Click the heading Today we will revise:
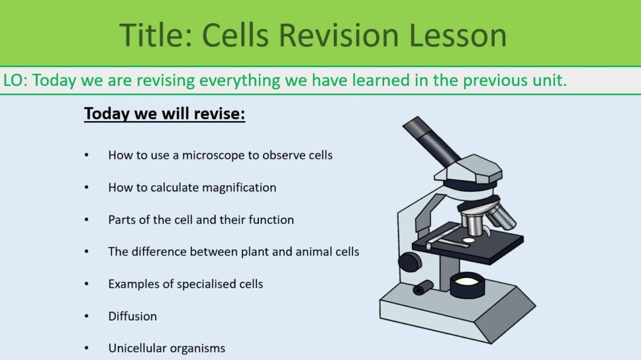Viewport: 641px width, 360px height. click(165, 115)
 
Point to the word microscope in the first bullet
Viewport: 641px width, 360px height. click(212, 155)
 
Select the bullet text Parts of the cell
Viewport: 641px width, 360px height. click(151, 220)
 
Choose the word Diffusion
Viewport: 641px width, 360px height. click(132, 316)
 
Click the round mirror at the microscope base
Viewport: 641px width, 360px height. click(467, 281)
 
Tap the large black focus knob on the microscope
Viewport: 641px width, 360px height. click(410, 261)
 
